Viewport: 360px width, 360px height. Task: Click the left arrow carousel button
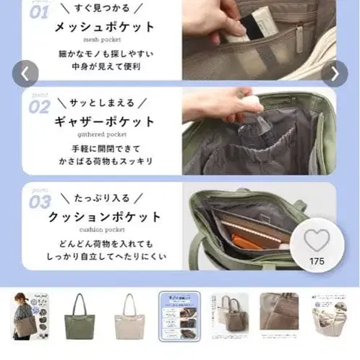25,73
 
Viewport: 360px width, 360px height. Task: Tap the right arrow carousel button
335,73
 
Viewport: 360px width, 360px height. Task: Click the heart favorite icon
317,240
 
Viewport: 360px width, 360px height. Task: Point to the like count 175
317,261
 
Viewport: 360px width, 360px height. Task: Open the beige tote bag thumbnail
129,316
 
